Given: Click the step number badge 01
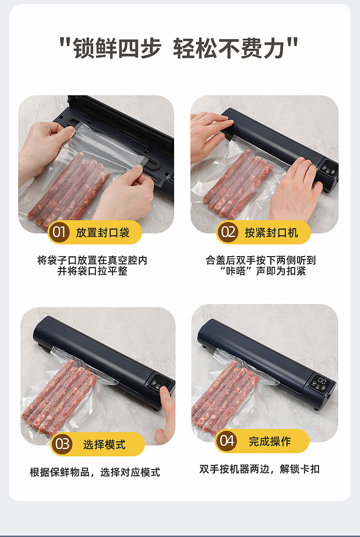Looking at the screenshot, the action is point(59,232).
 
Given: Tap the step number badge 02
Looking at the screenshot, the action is point(227,232).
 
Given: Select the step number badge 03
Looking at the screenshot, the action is point(62,444).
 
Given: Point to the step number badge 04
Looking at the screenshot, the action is point(226,440).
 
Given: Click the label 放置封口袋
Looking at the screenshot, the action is point(103,232).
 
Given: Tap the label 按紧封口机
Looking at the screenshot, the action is point(272,232).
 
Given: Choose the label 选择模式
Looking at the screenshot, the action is point(104,444).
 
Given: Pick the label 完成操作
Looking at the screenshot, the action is point(270,441).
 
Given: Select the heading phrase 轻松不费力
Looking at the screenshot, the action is point(229,48).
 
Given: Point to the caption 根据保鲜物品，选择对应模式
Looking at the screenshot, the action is point(95,472).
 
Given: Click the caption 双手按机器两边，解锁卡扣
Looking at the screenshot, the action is point(259,469).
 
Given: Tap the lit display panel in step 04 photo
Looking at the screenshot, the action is point(322,381).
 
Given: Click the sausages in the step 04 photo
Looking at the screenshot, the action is point(225,397).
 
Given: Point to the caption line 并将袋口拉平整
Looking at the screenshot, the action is point(93,271).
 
